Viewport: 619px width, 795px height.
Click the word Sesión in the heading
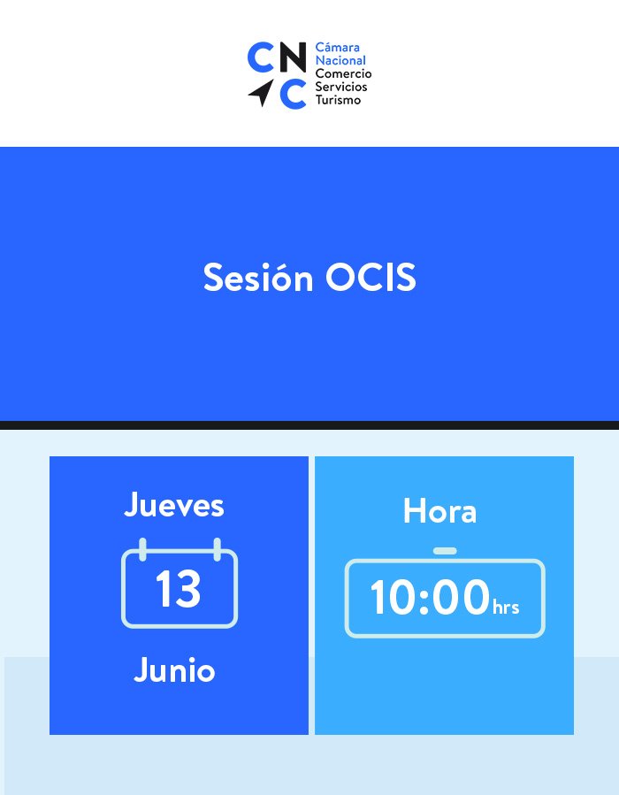click(258, 278)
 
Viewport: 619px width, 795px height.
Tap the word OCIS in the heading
click(371, 278)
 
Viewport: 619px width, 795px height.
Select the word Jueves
click(174, 504)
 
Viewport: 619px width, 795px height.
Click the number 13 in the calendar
click(178, 588)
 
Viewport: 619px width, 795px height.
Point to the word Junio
click(174, 669)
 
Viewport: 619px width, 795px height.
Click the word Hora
click(439, 510)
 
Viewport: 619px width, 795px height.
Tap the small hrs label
click(506, 607)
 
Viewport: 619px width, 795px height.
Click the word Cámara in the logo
click(338, 48)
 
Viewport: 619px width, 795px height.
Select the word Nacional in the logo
click(340, 60)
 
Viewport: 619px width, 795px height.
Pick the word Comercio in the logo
click(343, 73)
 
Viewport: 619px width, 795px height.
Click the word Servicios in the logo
click(341, 87)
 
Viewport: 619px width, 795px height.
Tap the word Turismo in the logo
click(338, 99)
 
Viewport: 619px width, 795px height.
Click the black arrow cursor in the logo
click(263, 93)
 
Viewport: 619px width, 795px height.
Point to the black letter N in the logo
click(293, 57)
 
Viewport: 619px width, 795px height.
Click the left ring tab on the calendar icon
click(142, 550)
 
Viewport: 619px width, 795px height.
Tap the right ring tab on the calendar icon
click(217, 550)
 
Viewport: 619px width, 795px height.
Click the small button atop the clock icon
click(445, 551)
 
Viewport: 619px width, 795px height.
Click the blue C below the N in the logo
click(293, 94)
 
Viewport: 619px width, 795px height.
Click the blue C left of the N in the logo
click(261, 57)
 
